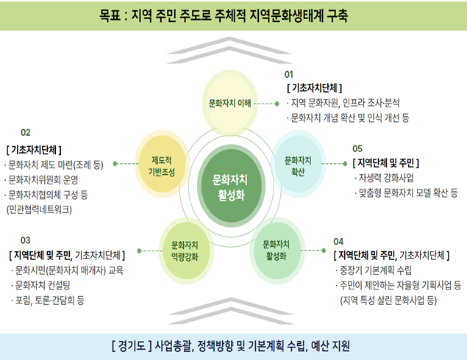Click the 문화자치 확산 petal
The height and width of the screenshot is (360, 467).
click(x=297, y=165)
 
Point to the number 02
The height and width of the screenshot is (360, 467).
click(x=26, y=133)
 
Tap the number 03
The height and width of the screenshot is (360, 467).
click(x=26, y=240)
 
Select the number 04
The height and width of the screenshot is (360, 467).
click(x=338, y=241)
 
